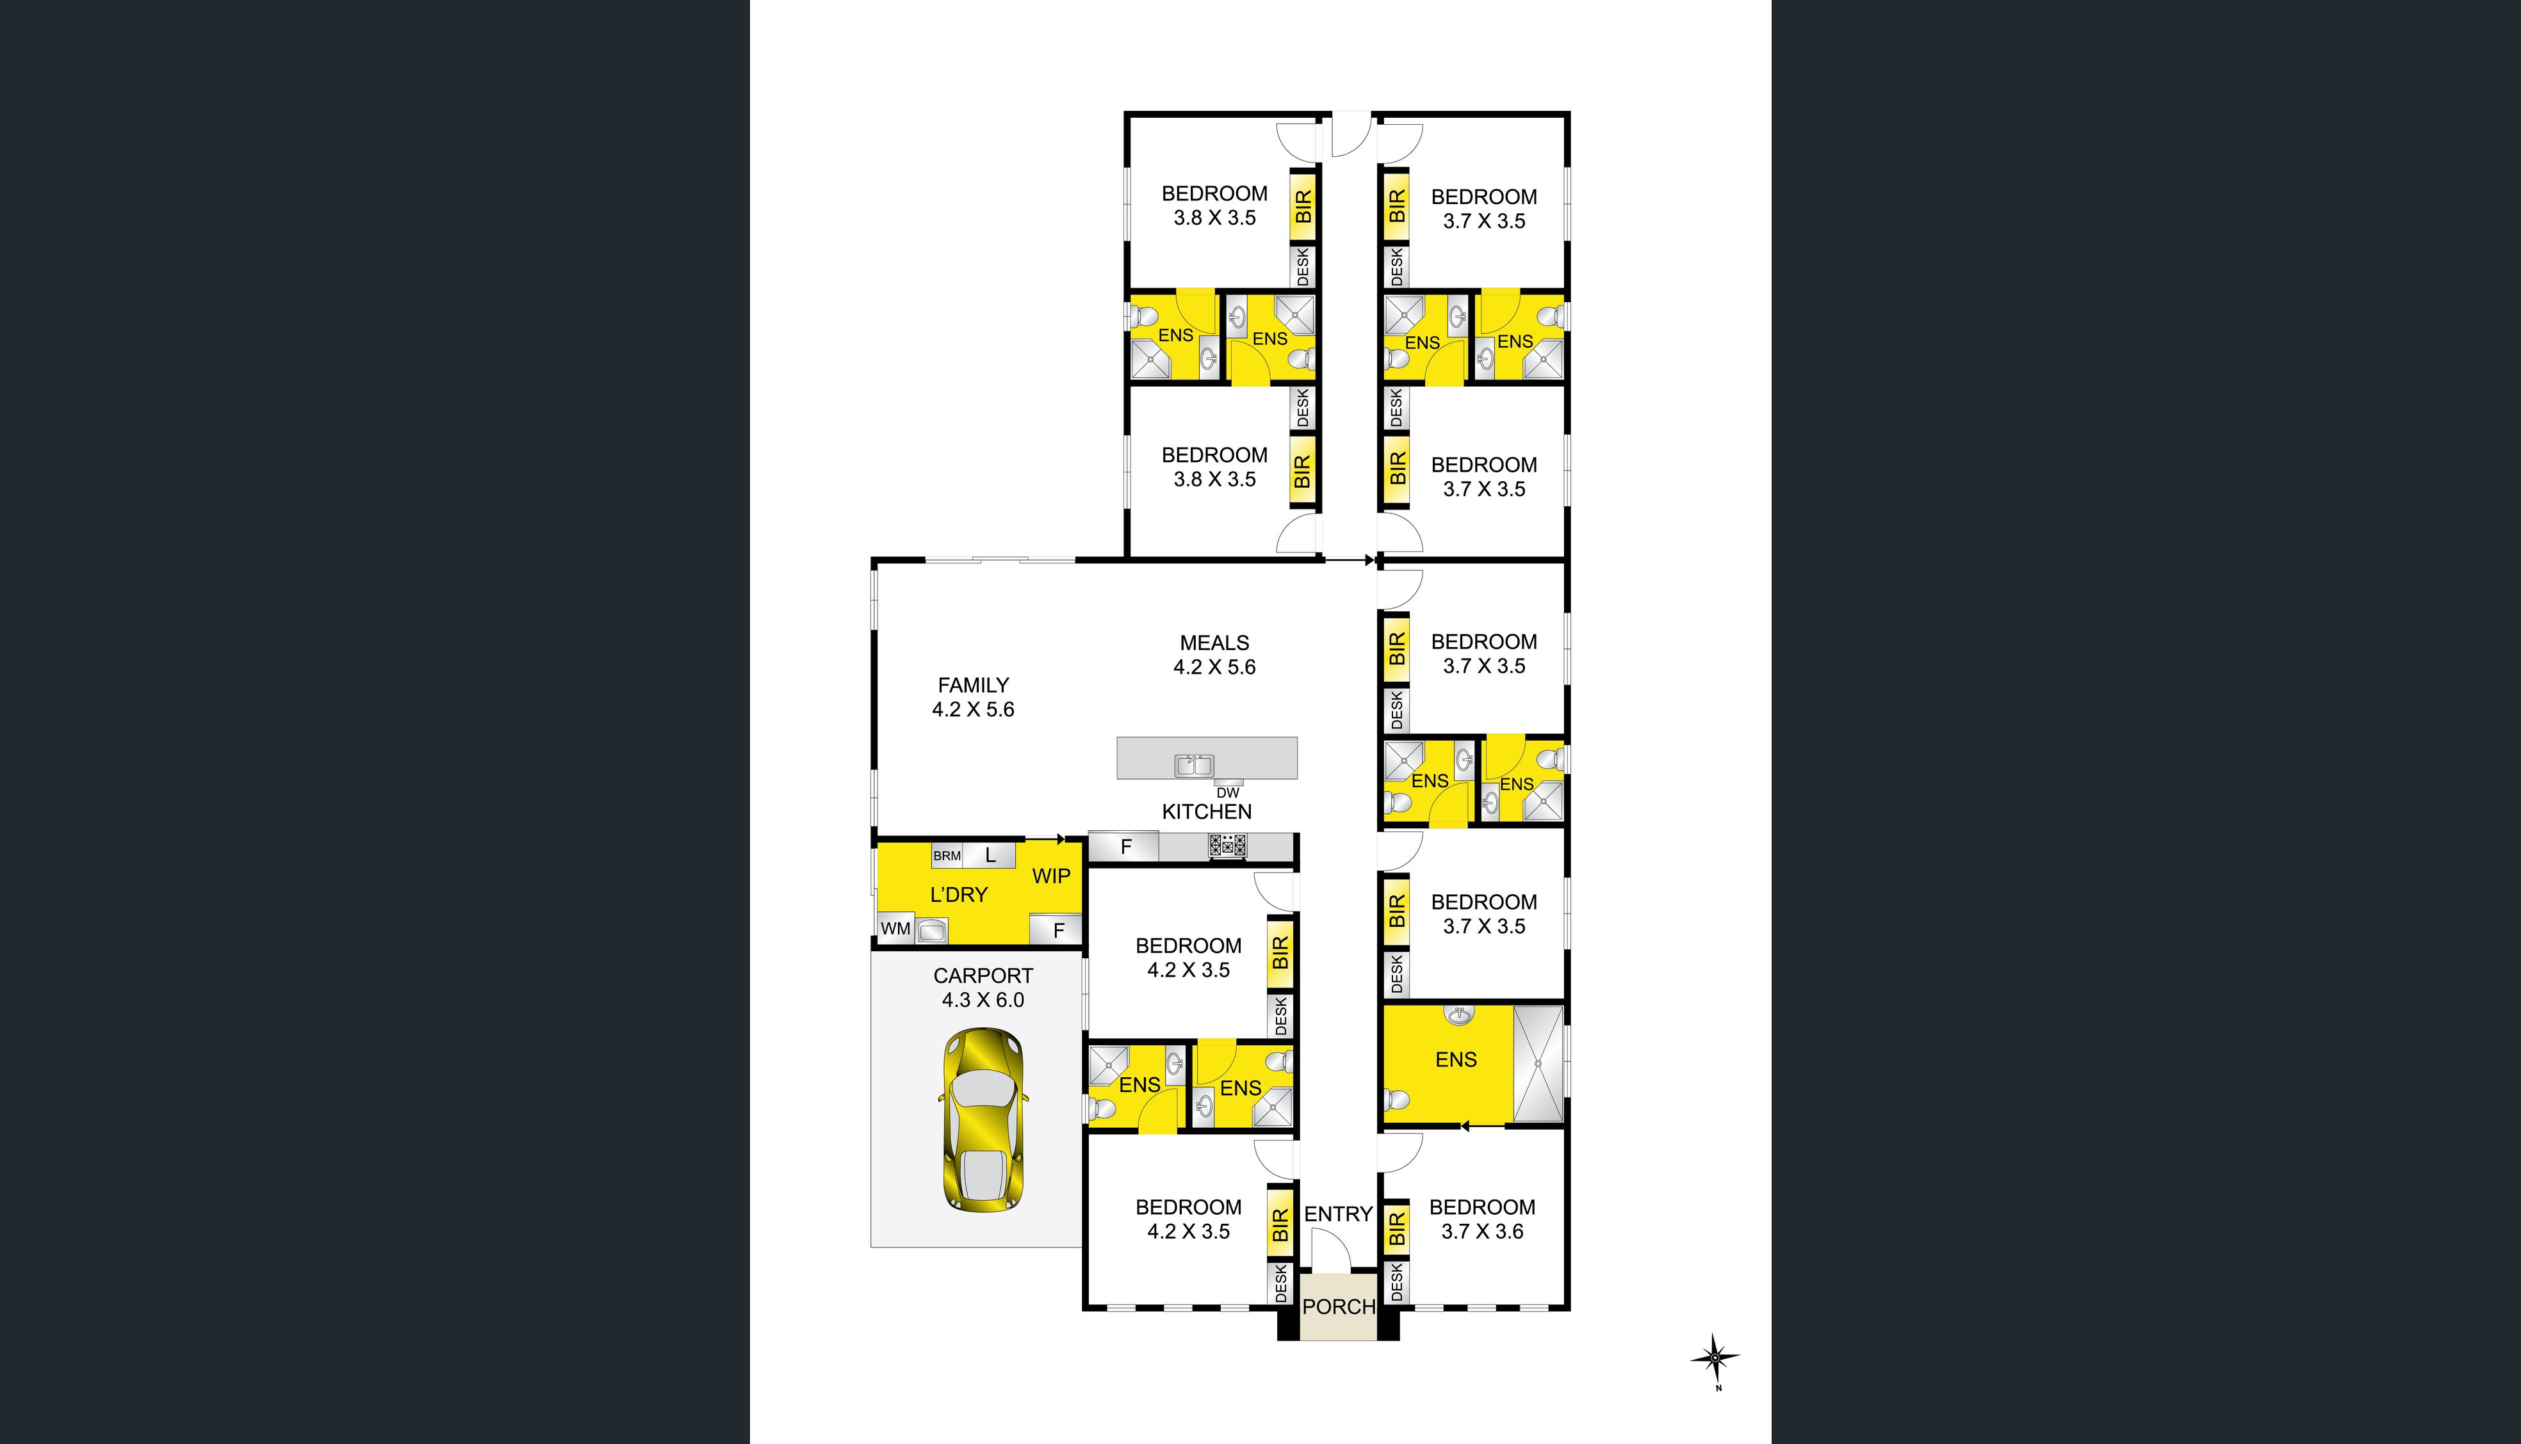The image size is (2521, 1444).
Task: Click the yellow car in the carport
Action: (x=983, y=1119)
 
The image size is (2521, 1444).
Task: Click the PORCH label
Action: (x=1339, y=1307)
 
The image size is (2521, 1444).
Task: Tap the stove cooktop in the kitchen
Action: (x=1227, y=846)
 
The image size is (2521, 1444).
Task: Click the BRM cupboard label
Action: (x=947, y=856)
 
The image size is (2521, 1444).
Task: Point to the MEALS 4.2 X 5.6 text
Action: (x=1214, y=655)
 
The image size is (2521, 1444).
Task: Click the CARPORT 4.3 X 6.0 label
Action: (x=983, y=988)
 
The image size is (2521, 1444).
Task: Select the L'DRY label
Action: (x=958, y=895)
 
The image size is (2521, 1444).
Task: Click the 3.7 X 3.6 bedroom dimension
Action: (x=1482, y=1231)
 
